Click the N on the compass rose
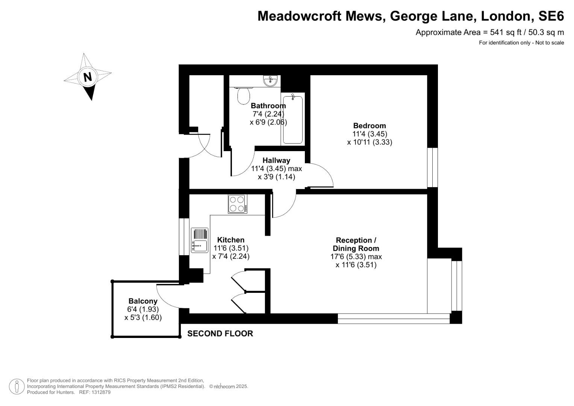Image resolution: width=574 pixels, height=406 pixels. (88, 77)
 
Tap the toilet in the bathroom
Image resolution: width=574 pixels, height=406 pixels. (244, 95)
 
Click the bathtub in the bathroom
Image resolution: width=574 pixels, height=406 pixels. (293, 120)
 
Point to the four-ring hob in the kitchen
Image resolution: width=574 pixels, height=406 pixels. (237, 204)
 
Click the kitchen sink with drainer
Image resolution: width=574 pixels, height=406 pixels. (200, 240)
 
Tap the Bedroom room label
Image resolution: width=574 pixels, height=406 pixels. (370, 126)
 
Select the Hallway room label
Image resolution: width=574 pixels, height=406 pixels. (276, 161)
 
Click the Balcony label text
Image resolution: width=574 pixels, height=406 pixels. (143, 301)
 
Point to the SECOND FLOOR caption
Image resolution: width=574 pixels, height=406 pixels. (220, 333)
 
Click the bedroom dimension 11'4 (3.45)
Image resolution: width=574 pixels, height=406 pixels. (370, 134)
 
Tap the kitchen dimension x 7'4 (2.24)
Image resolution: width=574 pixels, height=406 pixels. (231, 256)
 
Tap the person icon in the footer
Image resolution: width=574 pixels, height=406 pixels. (17, 386)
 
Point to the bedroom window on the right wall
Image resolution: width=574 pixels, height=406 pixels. (433, 167)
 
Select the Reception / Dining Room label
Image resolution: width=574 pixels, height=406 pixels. (356, 244)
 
